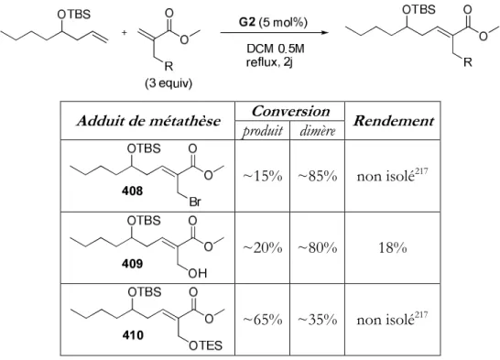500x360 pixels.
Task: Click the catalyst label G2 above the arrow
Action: (x=247, y=22)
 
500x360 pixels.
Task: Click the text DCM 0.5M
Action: (x=276, y=49)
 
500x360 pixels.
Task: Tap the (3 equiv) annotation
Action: (x=168, y=83)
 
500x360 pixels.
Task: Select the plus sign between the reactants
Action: (x=124, y=32)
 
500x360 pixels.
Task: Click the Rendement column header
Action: (x=393, y=121)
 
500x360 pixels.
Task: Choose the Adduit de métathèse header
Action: (x=148, y=121)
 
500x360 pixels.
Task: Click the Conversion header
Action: (x=290, y=111)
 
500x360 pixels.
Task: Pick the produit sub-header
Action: (x=263, y=131)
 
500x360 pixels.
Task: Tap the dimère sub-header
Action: (x=318, y=131)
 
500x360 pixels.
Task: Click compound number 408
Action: (x=133, y=191)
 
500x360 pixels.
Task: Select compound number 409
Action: (x=133, y=264)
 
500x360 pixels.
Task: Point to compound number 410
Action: (x=133, y=335)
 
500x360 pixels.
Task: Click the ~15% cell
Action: (x=263, y=176)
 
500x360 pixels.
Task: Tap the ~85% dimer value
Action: (x=318, y=176)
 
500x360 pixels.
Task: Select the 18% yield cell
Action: (x=393, y=247)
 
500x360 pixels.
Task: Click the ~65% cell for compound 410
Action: (x=263, y=320)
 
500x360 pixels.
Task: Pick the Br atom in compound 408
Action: (x=195, y=202)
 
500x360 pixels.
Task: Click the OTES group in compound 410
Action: (x=206, y=345)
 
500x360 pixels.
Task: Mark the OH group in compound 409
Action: (x=198, y=274)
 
